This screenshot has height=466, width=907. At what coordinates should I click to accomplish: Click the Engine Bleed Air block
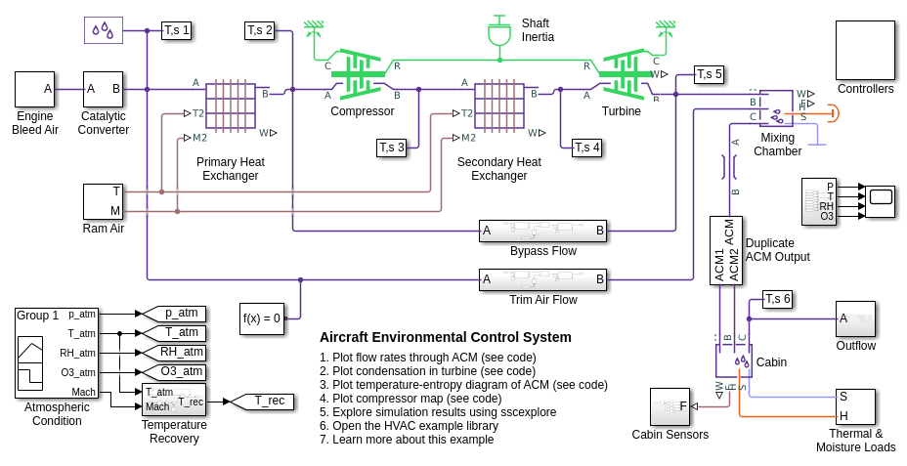click(34, 89)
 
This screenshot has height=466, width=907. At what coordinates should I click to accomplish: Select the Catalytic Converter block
click(103, 89)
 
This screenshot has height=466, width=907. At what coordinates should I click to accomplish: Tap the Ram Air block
click(103, 201)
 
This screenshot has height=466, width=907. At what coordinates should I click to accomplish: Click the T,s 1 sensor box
click(176, 30)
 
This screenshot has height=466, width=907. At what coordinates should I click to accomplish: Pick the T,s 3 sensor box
click(391, 148)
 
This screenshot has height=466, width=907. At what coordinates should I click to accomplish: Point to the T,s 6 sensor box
click(777, 299)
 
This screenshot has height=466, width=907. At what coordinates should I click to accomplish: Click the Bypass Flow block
click(542, 231)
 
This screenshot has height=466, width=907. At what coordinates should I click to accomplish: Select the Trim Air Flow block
click(542, 279)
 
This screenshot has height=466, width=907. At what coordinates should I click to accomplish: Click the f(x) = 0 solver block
click(262, 318)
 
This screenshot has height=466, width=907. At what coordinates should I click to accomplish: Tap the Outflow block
click(855, 318)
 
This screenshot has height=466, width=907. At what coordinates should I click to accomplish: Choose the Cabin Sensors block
click(669, 406)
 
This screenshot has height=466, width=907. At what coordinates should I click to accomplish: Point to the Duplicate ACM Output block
click(725, 250)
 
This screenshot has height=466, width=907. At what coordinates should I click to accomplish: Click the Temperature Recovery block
click(173, 400)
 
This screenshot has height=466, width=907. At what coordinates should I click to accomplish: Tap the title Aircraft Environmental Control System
click(445, 337)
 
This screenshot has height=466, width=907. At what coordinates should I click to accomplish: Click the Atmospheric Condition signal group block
click(56, 353)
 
